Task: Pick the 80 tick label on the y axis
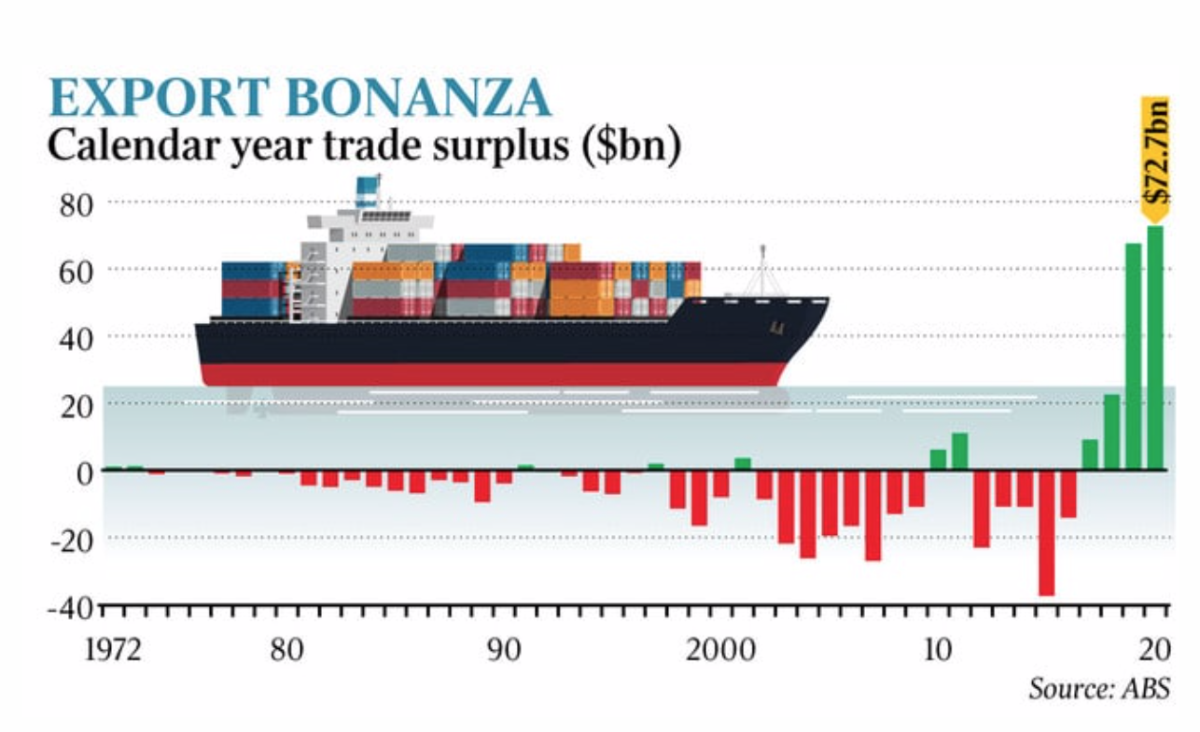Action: (x=77, y=204)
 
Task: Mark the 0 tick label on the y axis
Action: (x=86, y=472)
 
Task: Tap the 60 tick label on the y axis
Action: (x=77, y=271)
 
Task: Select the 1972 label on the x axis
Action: (x=113, y=649)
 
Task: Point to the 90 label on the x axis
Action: (x=504, y=649)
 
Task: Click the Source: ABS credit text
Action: (x=1097, y=690)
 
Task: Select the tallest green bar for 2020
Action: (x=1155, y=347)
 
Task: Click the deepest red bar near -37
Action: (x=1047, y=532)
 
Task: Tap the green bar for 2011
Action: (x=959, y=451)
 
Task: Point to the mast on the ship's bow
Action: (x=763, y=271)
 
